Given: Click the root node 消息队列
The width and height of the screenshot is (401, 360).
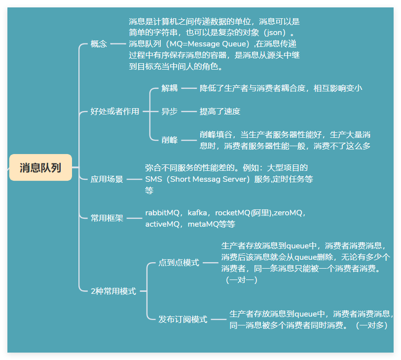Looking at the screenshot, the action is pos(40,167).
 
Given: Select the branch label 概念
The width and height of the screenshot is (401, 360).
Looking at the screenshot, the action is pos(99,43).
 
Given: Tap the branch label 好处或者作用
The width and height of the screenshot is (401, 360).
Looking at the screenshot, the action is pos(115,112).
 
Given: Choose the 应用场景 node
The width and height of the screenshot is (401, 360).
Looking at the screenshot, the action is pos(107,179).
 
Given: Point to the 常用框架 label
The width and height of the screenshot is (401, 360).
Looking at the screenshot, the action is pos(107,218).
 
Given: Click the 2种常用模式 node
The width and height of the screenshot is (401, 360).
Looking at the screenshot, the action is pos(113,291).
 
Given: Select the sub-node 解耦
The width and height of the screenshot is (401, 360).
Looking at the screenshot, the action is pos(169,88).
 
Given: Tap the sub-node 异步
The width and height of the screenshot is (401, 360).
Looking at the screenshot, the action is pos(169,112).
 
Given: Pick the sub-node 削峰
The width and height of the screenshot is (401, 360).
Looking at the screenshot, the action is pos(169,140).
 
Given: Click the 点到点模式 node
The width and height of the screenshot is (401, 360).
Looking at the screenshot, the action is pos(179,263).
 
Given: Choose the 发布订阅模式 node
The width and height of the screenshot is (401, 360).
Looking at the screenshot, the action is pos(182,320).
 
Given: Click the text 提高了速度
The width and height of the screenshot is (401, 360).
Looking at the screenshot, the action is pos(219,112).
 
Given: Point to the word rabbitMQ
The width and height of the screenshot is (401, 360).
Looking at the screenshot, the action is pos(162,213).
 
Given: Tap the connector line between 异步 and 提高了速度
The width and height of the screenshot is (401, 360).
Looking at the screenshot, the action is pos(189,112).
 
